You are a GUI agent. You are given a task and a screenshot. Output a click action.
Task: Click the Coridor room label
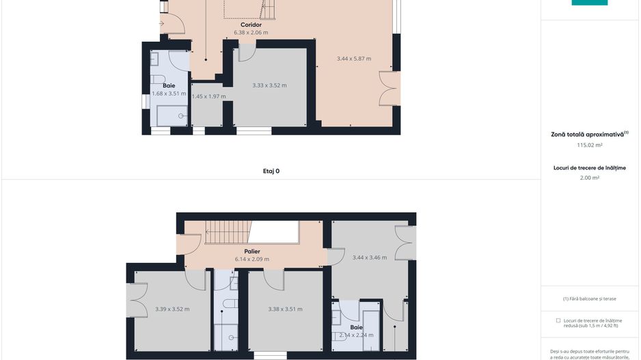click(x=251, y=25)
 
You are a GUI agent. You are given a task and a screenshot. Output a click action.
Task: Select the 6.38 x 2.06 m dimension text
click(x=251, y=32)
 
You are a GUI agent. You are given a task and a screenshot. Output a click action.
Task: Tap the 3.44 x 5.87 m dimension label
click(x=354, y=59)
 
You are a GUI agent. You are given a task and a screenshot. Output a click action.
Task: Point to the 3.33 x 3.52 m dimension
click(x=269, y=85)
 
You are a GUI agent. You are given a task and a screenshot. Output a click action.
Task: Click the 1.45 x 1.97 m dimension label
click(x=208, y=96)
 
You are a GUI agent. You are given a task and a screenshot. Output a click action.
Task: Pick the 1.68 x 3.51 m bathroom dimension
click(x=169, y=94)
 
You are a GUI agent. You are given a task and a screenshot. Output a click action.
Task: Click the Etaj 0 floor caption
click(x=271, y=171)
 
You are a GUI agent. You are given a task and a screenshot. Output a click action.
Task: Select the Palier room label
click(x=251, y=251)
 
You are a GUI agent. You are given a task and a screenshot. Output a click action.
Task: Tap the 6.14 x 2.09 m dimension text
click(x=251, y=259)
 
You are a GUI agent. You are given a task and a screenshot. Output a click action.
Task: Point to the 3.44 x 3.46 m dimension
click(x=370, y=258)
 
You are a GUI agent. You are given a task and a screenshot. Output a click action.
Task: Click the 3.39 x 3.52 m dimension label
click(x=172, y=309)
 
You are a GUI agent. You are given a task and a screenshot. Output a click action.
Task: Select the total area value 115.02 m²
click(x=590, y=145)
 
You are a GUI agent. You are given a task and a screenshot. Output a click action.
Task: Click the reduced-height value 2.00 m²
click(x=590, y=178)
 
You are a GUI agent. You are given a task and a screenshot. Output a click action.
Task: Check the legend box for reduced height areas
click(x=558, y=320)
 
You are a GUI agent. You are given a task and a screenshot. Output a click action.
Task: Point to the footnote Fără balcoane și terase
click(x=590, y=299)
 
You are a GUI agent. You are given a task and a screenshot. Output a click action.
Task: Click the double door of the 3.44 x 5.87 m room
click(x=391, y=88)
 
